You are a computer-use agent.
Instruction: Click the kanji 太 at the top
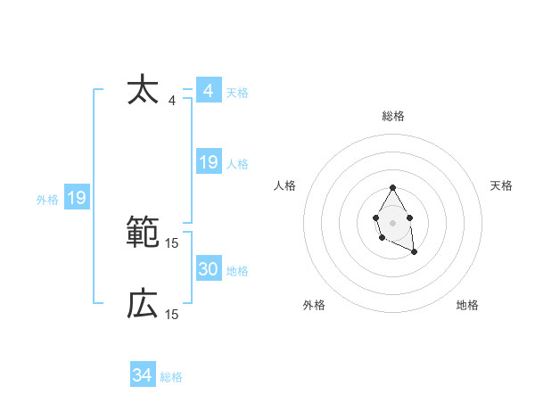pyautogui.click(x=143, y=92)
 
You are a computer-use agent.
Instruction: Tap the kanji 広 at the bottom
pyautogui.click(x=143, y=305)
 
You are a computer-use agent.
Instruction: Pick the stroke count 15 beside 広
pyautogui.click(x=172, y=314)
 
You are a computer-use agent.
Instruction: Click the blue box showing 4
pyautogui.click(x=208, y=91)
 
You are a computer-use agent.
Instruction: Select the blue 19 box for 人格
pyautogui.click(x=208, y=162)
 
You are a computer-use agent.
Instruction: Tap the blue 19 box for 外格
pyautogui.click(x=77, y=198)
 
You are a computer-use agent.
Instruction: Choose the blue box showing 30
pyautogui.click(x=208, y=269)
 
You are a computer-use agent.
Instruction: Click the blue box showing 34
pyautogui.click(x=143, y=375)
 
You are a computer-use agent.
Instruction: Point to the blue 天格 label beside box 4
pyautogui.click(x=237, y=93)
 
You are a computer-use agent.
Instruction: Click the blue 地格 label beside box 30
pyautogui.click(x=237, y=271)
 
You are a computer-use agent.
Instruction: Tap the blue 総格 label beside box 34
pyautogui.click(x=171, y=377)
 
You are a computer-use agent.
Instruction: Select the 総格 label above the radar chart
pyautogui.click(x=393, y=116)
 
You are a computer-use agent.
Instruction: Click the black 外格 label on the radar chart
pyautogui.click(x=314, y=306)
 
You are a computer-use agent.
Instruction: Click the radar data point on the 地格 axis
pyautogui.click(x=415, y=252)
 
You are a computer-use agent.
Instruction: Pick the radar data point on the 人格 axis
pyautogui.click(x=375, y=217)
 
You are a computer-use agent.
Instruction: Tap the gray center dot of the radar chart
pyautogui.click(x=392, y=222)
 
